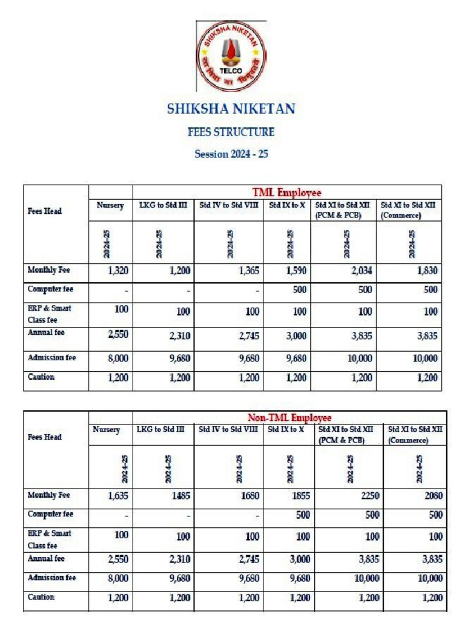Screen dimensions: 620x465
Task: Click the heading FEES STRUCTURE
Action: [x=231, y=131]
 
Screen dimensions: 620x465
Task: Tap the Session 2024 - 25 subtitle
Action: [x=231, y=154]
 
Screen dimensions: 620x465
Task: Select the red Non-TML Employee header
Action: [x=289, y=418]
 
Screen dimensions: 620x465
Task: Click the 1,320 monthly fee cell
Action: [x=118, y=271]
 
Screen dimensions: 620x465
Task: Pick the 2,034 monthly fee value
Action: [x=361, y=271]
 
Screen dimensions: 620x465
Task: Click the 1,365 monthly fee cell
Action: [x=249, y=271]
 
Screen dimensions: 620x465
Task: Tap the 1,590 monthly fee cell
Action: [x=297, y=271]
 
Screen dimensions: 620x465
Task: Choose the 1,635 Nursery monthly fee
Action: [x=118, y=496]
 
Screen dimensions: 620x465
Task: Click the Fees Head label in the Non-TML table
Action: [x=45, y=437]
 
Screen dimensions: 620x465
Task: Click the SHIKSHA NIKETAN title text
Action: [x=231, y=109]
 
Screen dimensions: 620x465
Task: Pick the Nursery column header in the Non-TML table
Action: [x=107, y=430]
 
